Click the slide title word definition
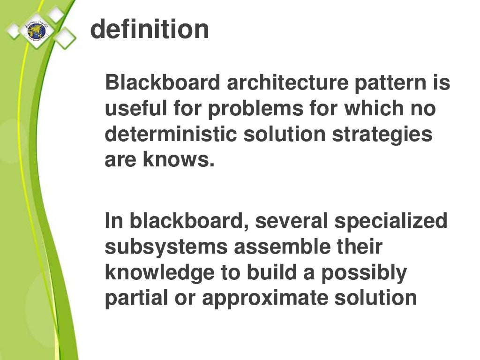point(150,29)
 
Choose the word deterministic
point(171,135)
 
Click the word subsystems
point(165,247)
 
